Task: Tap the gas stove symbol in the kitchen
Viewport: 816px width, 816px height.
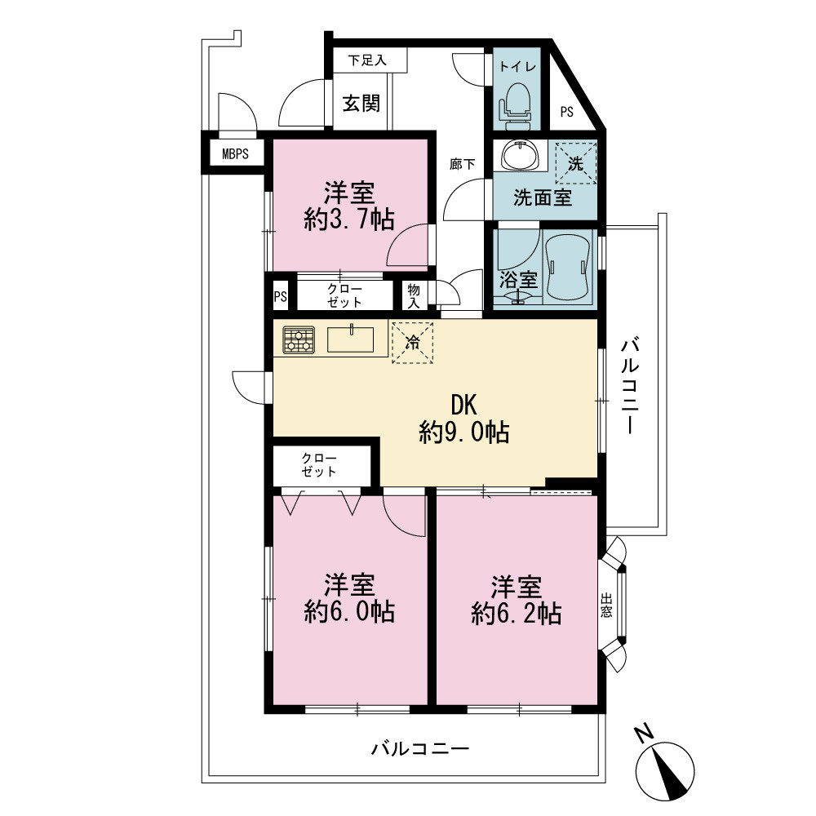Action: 299,339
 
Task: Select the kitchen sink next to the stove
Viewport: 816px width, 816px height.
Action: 350,339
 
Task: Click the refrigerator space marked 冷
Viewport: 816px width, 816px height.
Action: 412,343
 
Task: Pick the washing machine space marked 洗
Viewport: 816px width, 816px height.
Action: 575,163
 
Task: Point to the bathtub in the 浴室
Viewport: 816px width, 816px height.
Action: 568,267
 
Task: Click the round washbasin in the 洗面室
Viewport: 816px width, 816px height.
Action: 521,154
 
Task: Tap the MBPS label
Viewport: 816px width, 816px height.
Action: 235,154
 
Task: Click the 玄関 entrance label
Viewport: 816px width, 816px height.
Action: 361,103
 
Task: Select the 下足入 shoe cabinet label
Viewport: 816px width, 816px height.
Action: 367,60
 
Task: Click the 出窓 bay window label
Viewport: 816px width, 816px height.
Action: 606,605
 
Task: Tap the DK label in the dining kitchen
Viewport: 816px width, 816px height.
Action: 463,405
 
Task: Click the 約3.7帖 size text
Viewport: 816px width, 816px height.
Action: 349,220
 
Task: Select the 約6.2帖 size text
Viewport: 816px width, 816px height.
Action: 517,614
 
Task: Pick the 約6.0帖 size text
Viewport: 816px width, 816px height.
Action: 349,611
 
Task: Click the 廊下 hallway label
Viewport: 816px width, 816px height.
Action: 462,165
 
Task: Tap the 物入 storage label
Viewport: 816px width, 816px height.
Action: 414,295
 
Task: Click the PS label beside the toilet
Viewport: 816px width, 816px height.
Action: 567,112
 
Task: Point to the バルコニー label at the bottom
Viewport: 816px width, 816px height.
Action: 420,749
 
